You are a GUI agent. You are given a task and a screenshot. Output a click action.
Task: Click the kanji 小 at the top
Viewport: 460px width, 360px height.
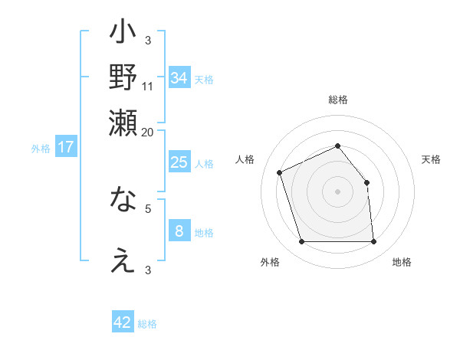(123, 34)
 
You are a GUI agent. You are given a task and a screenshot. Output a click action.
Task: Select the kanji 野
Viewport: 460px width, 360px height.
(123, 77)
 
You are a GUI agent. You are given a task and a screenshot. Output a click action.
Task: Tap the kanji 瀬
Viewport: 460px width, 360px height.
(123, 123)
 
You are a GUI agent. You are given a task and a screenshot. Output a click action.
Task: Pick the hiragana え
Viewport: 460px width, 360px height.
(123, 261)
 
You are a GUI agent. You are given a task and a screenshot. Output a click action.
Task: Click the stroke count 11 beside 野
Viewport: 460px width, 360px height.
(148, 86)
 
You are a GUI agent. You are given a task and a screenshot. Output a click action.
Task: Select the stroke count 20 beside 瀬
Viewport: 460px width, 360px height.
(148, 131)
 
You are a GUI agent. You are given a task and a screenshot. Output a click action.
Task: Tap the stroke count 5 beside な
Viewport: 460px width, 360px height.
(148, 207)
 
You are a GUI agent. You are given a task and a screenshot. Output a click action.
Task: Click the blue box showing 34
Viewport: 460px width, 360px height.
(179, 77)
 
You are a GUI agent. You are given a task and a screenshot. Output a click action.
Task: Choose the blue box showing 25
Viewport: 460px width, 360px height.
(179, 162)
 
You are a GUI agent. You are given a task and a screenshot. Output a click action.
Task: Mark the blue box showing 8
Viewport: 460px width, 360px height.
(179, 231)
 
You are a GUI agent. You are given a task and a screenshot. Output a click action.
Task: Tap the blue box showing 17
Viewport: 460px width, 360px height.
(65, 147)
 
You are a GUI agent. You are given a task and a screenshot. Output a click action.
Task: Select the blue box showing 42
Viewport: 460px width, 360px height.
(123, 322)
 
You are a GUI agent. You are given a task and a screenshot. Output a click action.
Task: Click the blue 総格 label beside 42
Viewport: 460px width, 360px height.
(147, 324)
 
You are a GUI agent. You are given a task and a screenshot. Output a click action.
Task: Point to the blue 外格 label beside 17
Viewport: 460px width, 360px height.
(41, 149)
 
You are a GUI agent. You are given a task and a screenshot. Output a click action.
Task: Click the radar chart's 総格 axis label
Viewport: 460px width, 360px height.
(337, 100)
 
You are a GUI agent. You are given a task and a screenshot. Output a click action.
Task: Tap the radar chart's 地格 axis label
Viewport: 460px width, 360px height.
(402, 262)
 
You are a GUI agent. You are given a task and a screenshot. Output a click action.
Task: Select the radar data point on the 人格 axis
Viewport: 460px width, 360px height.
(281, 172)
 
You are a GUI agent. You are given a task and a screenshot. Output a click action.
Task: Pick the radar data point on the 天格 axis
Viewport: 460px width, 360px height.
(366, 182)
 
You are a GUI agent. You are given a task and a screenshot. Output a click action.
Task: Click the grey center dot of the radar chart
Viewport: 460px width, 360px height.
(337, 191)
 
